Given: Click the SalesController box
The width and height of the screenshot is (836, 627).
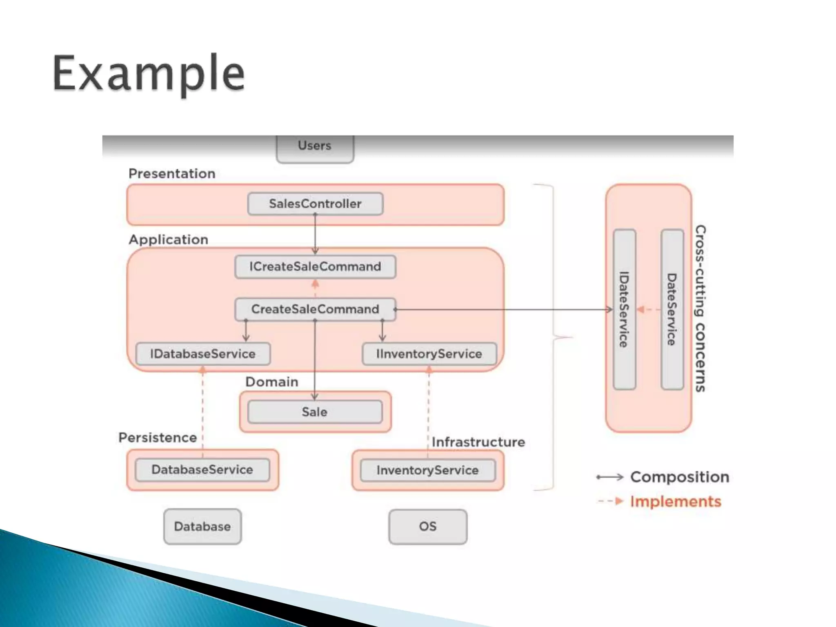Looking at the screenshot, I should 315,204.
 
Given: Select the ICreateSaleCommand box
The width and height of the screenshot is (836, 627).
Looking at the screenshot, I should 315,267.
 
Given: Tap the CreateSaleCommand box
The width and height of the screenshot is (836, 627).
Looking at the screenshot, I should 315,309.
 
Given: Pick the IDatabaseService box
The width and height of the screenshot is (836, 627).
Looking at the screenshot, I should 203,354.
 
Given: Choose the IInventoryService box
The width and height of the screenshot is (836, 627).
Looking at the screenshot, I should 429,354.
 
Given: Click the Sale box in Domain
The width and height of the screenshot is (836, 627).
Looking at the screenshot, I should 315,412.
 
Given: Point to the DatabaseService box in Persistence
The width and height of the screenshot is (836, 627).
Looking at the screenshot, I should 202,470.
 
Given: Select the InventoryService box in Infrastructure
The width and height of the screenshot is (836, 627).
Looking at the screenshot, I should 427,470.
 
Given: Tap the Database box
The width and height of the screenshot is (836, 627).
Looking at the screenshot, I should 202,527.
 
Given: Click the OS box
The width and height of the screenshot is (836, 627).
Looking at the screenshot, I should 428,527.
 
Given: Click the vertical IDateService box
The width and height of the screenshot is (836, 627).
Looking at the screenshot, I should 625,309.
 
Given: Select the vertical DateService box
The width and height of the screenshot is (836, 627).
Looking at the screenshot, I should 672,309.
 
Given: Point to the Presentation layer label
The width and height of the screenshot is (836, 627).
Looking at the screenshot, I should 172,174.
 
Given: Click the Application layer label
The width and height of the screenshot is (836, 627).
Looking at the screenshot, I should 168,240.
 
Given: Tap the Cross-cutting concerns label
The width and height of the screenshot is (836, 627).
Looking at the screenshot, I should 700,309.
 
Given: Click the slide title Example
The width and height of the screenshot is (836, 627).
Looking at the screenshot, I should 149,73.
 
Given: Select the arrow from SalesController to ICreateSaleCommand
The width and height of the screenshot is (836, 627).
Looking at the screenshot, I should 315,235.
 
